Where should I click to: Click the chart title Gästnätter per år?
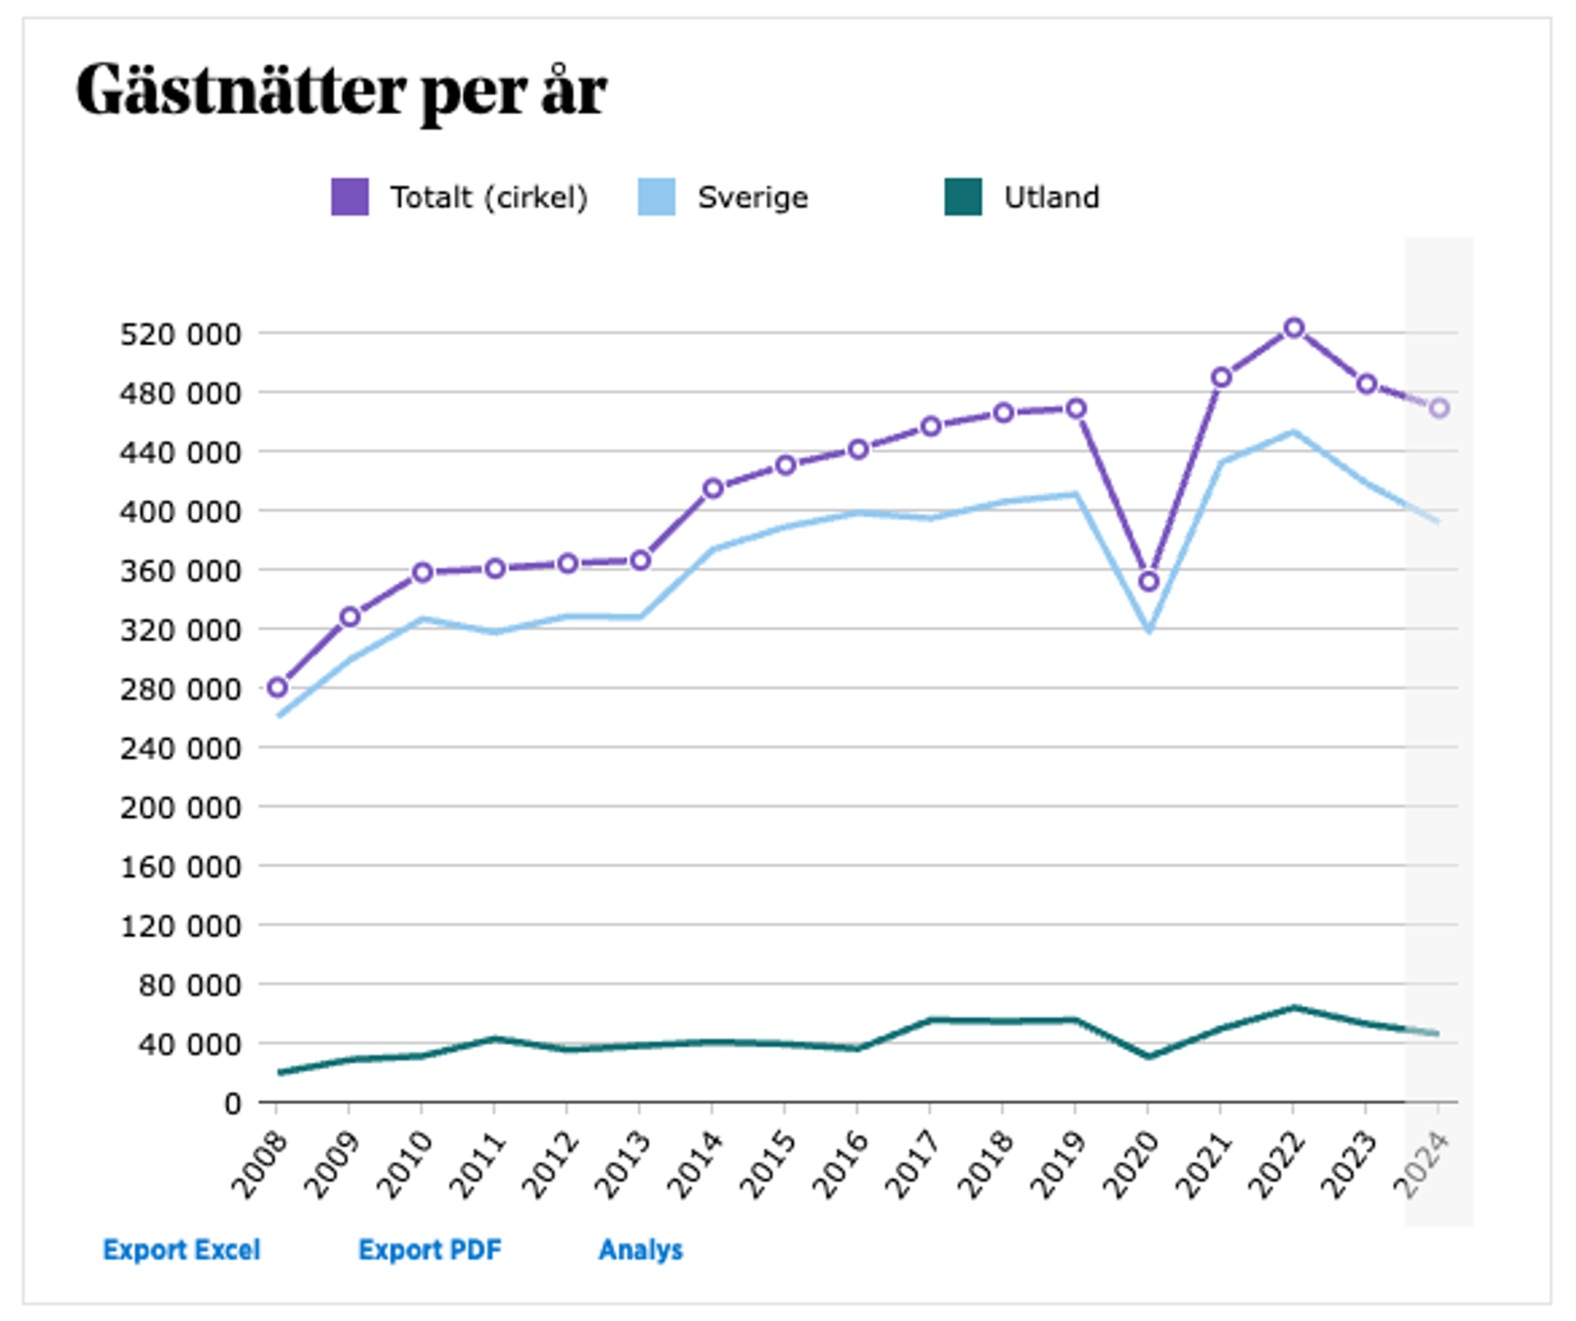(x=341, y=90)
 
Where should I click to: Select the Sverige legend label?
(x=752, y=198)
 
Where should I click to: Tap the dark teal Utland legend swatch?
(x=962, y=197)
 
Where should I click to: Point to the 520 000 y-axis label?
(x=181, y=334)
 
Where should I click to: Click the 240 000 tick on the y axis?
(x=181, y=748)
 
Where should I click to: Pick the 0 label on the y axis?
(x=232, y=1103)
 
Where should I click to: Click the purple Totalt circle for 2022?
(x=1294, y=328)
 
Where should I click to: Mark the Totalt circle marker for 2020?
(x=1148, y=581)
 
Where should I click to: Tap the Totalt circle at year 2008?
(x=277, y=687)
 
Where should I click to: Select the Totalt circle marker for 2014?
(x=712, y=488)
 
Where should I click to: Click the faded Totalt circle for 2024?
(x=1438, y=408)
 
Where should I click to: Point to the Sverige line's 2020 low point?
(x=1148, y=631)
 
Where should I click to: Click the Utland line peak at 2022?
(x=1294, y=1007)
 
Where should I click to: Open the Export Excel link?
(x=181, y=1250)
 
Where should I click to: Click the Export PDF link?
(x=429, y=1250)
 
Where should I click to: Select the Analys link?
(x=640, y=1250)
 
